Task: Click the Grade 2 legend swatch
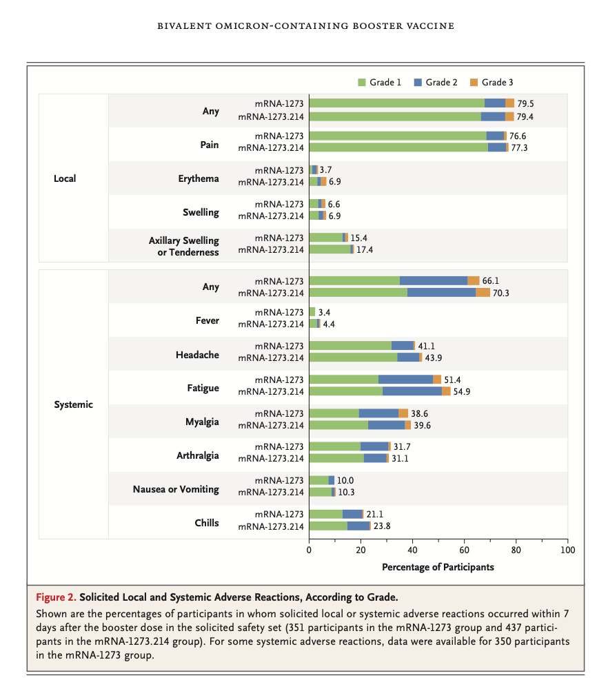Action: coord(417,83)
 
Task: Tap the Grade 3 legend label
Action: coord(497,83)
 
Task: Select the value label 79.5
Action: coord(525,103)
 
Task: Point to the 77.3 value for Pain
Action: coord(520,147)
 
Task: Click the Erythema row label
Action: coord(199,178)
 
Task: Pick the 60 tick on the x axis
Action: coord(464,551)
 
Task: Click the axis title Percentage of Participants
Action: coord(438,567)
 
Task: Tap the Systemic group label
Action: coord(73,404)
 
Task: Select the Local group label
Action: coord(65,178)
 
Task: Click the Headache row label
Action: coord(197,355)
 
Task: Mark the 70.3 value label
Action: coord(500,292)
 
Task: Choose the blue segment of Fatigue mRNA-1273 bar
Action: coord(405,380)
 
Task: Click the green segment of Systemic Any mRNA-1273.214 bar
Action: coord(358,292)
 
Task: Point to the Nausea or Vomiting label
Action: coord(176,489)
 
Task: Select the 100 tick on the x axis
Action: coord(567,551)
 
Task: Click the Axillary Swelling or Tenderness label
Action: coord(184,246)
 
